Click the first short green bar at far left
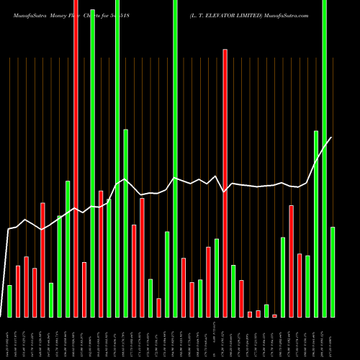tap(9, 301)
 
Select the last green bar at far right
tap(333, 271)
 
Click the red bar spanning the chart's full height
tap(76, 158)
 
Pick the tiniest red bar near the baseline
tap(274, 315)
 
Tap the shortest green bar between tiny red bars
tap(266, 310)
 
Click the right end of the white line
tap(332, 138)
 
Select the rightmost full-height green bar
tap(324, 158)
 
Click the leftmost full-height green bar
tap(92, 158)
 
